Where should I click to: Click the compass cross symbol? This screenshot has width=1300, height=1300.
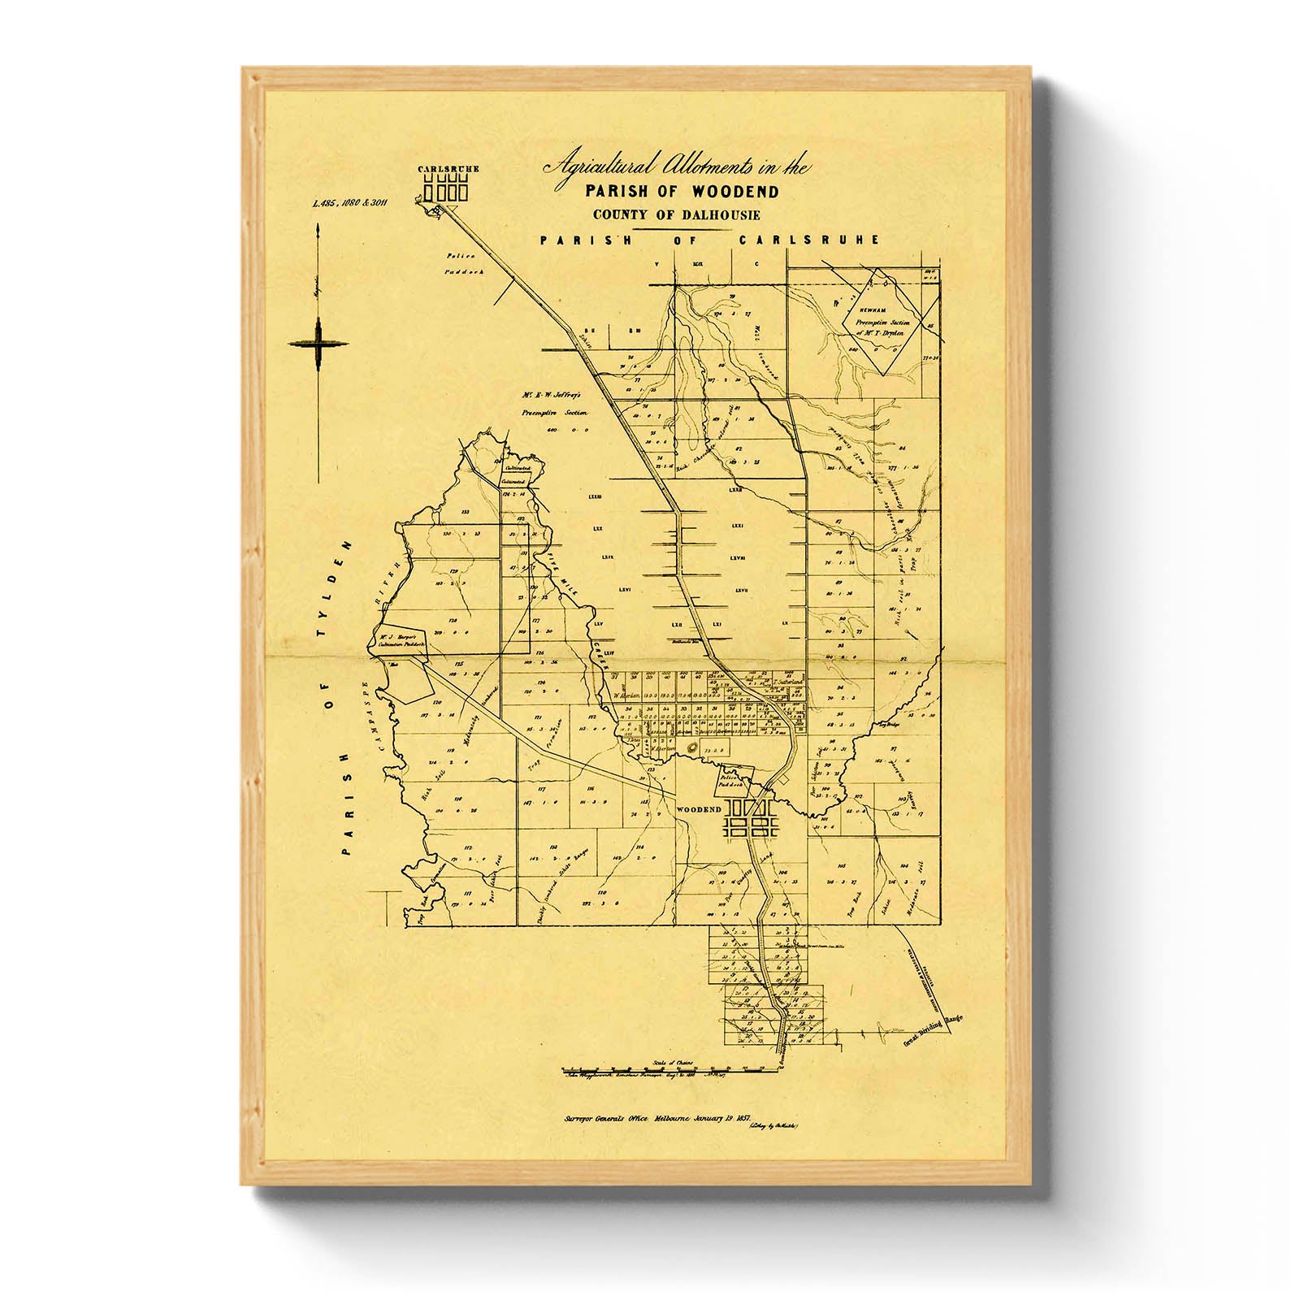coord(318,344)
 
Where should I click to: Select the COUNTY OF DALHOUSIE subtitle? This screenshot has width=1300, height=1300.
coord(677,215)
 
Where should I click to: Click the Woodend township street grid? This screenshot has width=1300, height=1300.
coord(751,818)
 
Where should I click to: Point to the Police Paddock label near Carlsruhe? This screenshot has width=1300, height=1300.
coord(465,263)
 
